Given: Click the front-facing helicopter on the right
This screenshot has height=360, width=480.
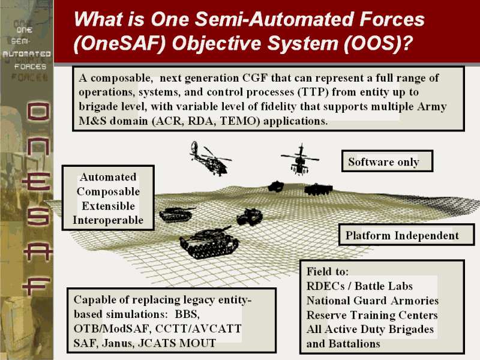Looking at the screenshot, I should click(301, 159).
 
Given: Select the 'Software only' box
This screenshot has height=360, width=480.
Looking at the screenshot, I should click(383, 162).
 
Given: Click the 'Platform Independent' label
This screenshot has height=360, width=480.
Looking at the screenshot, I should click(402, 236).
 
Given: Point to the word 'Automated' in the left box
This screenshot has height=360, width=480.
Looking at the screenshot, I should click(108, 178).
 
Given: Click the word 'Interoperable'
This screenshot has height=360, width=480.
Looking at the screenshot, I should click(108, 220).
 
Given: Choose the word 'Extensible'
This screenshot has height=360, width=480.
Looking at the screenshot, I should click(108, 206).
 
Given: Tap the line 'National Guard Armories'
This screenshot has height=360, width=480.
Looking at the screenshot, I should click(372, 301).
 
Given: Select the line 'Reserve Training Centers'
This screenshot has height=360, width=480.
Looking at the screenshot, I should click(372, 315).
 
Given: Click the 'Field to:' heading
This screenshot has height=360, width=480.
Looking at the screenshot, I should click(328, 271).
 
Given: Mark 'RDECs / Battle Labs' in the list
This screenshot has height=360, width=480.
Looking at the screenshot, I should click(359, 286).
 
